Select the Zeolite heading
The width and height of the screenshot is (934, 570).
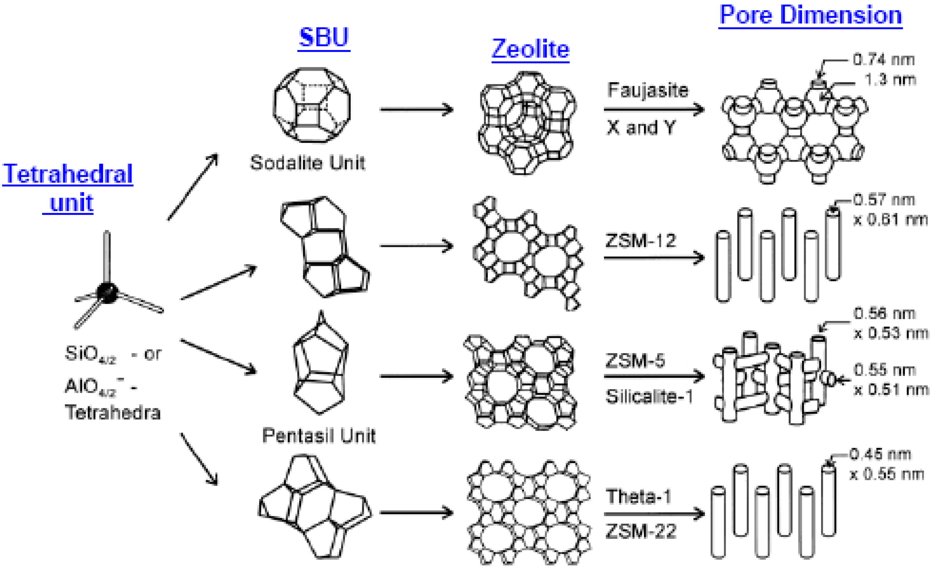530,49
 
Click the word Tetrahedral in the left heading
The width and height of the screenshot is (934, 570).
68,174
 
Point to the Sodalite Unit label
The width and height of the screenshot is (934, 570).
307,163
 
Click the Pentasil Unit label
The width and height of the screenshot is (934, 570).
318,436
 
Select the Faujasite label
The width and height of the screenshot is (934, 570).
648,90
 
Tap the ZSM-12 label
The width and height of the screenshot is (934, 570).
641,241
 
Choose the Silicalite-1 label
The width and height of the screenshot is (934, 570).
649,397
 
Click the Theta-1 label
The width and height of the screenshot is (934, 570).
639,496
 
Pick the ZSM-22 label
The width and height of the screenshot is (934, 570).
641,531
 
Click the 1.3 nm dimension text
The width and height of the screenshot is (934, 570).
890,80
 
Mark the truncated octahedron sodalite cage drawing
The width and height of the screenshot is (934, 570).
312,105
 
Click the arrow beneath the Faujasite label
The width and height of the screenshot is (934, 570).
654,110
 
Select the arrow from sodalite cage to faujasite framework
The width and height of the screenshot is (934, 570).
416,110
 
